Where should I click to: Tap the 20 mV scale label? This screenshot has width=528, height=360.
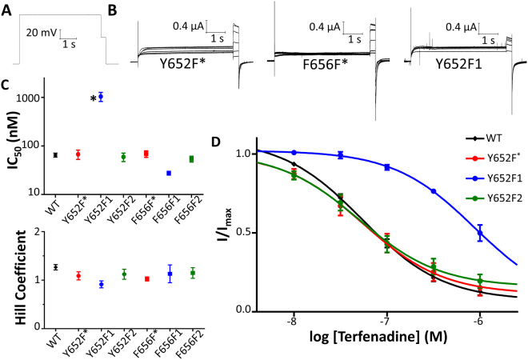click(42, 33)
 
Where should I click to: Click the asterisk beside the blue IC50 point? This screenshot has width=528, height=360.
click(93, 99)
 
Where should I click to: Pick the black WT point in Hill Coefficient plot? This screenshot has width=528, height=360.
click(55, 267)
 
